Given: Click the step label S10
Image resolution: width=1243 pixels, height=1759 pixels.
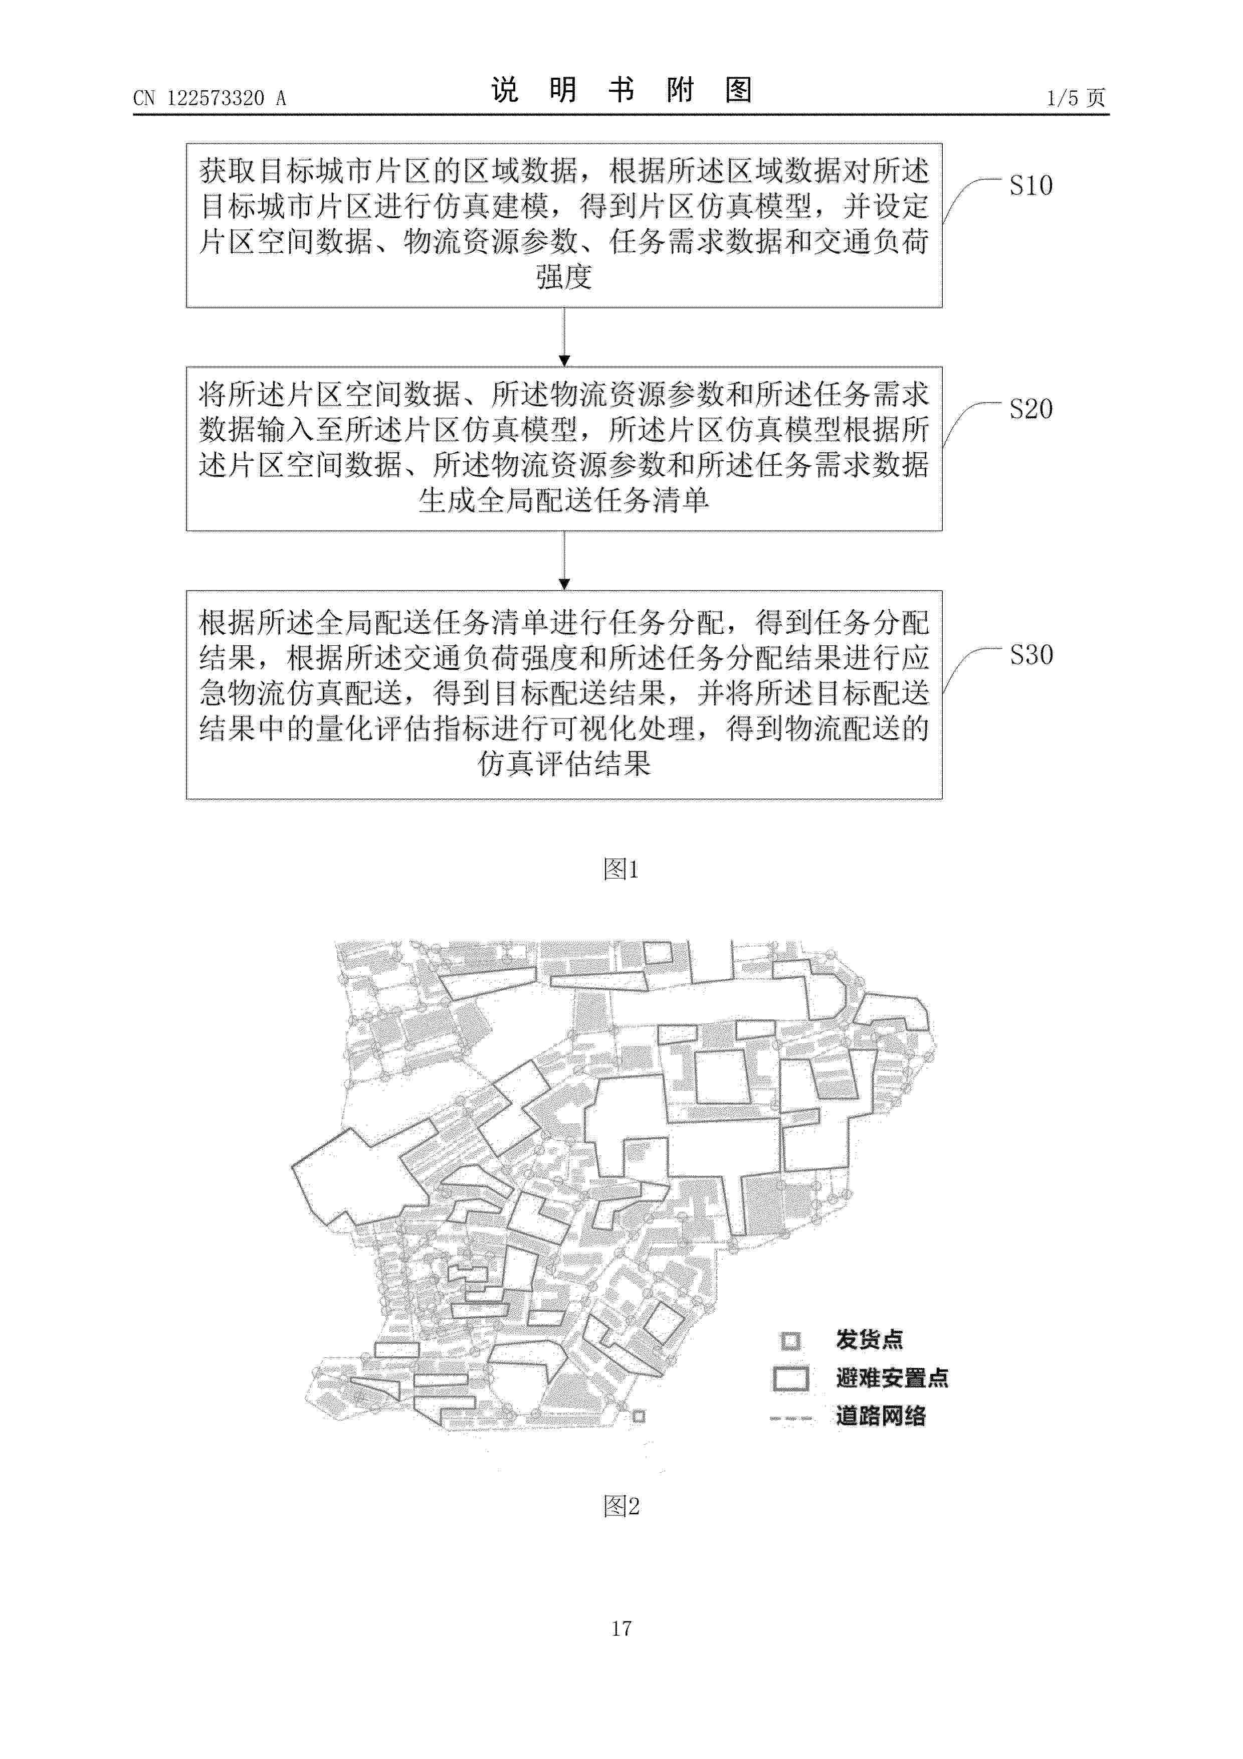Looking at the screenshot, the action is click(1031, 186).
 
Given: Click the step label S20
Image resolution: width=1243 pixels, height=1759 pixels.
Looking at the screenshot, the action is click(1031, 409).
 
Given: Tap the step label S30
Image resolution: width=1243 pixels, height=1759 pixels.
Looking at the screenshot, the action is click(1031, 655).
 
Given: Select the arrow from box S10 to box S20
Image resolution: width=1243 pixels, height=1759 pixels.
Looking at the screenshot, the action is click(564, 337).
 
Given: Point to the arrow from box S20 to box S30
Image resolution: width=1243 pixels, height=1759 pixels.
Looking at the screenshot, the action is click(564, 561).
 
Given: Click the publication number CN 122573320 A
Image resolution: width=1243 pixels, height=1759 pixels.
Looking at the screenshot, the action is click(209, 98).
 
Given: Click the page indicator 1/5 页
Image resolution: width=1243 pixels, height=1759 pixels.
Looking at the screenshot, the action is click(1076, 98).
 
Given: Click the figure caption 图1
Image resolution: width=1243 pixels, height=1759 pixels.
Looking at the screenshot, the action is click(621, 869).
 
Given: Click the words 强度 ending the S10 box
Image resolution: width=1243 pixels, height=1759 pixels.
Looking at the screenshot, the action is click(564, 277).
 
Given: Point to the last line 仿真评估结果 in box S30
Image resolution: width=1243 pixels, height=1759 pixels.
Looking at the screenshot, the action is click(564, 763).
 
